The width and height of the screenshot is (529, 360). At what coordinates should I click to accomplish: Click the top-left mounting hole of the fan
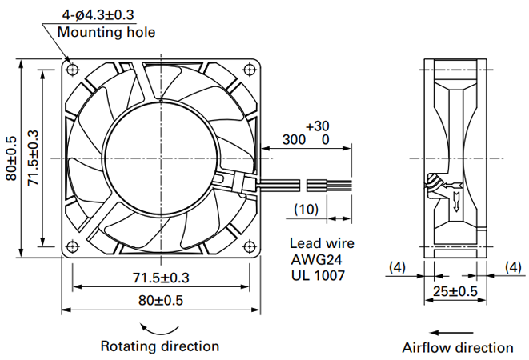(x=73, y=70)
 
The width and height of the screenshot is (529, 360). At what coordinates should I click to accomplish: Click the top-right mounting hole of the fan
(x=249, y=70)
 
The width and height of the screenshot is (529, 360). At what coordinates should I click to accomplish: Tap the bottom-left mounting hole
(x=73, y=246)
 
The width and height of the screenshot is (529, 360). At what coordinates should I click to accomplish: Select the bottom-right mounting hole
(x=249, y=246)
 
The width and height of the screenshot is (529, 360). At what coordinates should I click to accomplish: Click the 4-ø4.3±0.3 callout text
(x=98, y=15)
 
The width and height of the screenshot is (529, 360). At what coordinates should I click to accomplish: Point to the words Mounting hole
(x=106, y=32)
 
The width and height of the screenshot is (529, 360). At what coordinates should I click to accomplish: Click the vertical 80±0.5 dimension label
(x=11, y=158)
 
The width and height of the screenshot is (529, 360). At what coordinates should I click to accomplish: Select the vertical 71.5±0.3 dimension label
(x=34, y=158)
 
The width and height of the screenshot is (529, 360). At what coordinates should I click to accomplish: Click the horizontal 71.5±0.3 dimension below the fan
(x=161, y=278)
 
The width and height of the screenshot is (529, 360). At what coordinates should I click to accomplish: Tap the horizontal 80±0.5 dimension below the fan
(x=161, y=300)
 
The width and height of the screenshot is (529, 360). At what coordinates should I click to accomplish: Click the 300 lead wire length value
(x=294, y=139)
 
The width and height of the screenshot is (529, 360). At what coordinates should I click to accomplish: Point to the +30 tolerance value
(x=317, y=126)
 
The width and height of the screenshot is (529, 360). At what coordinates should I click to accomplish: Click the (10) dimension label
(x=307, y=210)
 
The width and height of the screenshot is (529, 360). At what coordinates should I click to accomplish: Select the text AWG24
(x=316, y=259)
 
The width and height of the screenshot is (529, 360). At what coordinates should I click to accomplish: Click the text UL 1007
(x=318, y=275)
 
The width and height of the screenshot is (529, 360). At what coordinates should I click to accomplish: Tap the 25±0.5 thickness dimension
(x=455, y=291)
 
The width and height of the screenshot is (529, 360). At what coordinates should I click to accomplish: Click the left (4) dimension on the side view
(x=397, y=267)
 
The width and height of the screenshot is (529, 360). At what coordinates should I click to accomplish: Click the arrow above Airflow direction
(x=451, y=333)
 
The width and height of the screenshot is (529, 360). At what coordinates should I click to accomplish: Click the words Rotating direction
(x=160, y=346)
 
